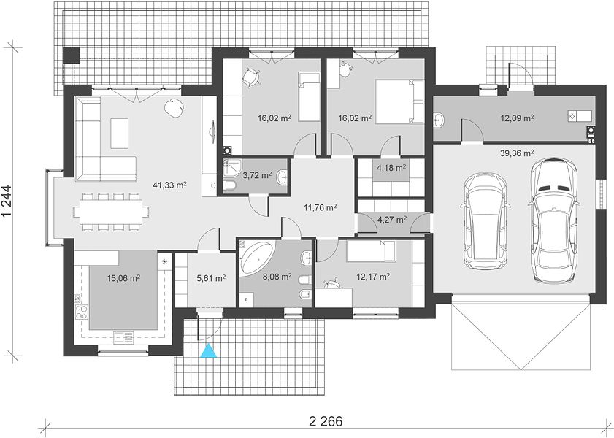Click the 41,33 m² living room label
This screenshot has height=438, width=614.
point(169,185)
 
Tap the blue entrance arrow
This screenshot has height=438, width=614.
point(209,350)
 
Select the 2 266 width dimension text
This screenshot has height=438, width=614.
point(326,421)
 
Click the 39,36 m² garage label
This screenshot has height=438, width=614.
point(517,153)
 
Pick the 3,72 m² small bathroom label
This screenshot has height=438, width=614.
point(257,175)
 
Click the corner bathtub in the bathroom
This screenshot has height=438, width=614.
point(256,258)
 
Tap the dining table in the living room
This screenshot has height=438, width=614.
point(111,212)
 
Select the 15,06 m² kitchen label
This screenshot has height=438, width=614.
point(123,278)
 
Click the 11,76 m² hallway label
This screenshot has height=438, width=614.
point(321,207)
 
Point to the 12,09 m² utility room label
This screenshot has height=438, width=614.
point(518,118)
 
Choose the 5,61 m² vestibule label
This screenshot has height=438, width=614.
point(211,278)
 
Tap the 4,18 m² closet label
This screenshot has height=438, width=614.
point(391,169)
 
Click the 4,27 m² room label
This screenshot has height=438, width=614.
point(391,220)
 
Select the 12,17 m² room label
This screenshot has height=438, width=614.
point(373,277)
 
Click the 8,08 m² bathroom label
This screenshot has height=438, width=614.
point(277,277)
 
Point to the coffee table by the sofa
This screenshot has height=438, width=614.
point(120,134)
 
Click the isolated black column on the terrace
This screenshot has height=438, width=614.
point(72,55)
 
